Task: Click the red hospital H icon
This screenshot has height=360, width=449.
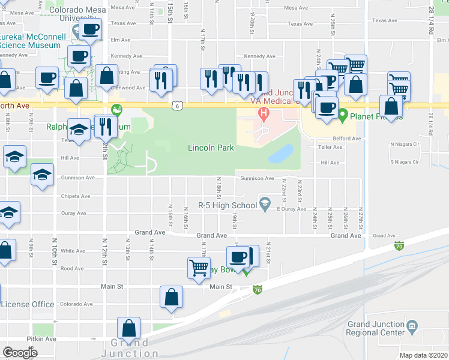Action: [x=262, y=113]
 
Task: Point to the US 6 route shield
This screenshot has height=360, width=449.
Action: [x=176, y=106]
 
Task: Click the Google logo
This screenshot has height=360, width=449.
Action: [x=20, y=352]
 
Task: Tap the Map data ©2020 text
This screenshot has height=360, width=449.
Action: [x=423, y=355]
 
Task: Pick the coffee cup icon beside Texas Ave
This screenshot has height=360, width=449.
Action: [x=90, y=29]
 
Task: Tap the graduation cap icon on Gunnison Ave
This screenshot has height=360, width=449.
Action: [x=42, y=175]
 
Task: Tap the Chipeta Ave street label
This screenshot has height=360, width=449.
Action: [x=74, y=196]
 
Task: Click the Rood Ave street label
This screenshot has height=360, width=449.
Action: [x=72, y=269]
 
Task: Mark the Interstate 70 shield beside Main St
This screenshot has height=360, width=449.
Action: [x=258, y=290]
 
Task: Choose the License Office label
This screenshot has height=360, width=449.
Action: [x=28, y=304]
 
